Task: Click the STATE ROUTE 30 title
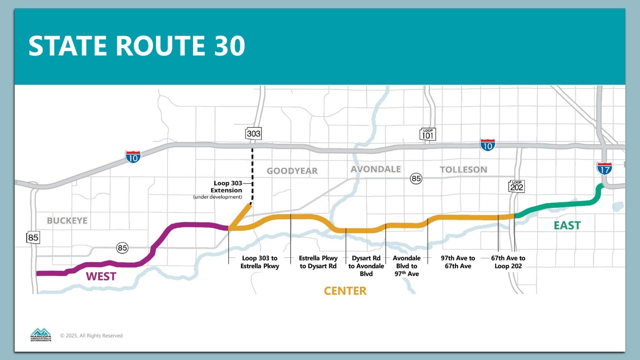click(x=137, y=46)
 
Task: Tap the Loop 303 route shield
click(x=253, y=134)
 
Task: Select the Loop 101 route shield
click(x=428, y=134)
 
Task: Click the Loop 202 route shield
click(x=517, y=186)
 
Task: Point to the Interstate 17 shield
click(x=604, y=169)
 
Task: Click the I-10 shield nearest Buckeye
click(x=133, y=157)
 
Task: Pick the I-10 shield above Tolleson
click(x=488, y=145)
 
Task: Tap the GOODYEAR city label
click(x=292, y=171)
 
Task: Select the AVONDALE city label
click(x=376, y=169)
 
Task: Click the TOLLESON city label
click(x=463, y=170)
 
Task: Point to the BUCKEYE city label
click(x=67, y=221)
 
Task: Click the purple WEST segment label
click(x=101, y=276)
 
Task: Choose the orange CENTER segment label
click(x=345, y=291)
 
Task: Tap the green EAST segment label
click(x=567, y=226)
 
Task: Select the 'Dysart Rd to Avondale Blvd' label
click(x=366, y=266)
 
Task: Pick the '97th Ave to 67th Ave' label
click(x=458, y=262)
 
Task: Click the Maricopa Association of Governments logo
click(x=41, y=335)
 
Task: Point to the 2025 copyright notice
click(x=91, y=336)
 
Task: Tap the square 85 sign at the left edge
click(x=33, y=238)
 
